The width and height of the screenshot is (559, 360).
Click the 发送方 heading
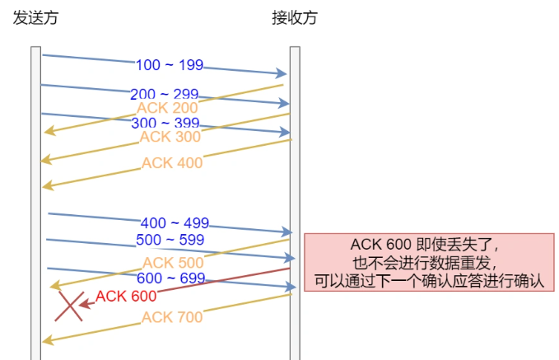point(36,17)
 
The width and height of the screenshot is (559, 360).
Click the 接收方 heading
point(294,17)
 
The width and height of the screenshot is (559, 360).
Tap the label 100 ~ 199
point(170,65)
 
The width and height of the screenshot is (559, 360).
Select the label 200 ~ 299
point(164,94)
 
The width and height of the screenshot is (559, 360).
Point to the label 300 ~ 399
point(165,124)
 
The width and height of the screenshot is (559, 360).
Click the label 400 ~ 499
point(175,223)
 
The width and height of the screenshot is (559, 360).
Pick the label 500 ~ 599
point(170,240)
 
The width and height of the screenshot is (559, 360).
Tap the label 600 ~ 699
point(170,278)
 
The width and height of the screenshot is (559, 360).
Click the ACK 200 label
point(167,108)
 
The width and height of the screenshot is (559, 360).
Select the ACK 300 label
point(170,137)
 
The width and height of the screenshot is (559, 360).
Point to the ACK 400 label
point(171,163)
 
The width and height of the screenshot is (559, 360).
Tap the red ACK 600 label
point(126,296)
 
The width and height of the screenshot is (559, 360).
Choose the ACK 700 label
point(171,317)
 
